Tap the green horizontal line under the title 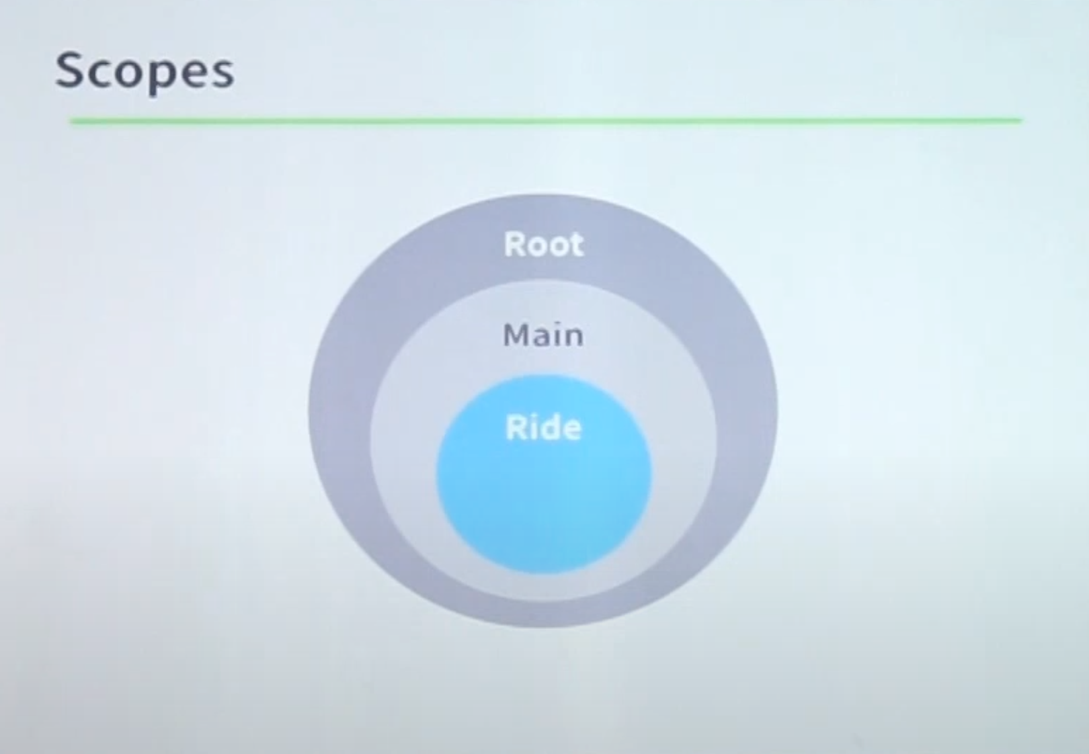pyautogui.click(x=546, y=120)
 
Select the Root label pyautogui.click(x=544, y=244)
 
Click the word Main pyautogui.click(x=543, y=335)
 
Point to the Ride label pyautogui.click(x=543, y=427)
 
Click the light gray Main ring pyautogui.click(x=403, y=437)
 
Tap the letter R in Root pyautogui.click(x=514, y=244)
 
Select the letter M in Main pyautogui.click(x=516, y=335)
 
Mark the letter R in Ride pyautogui.click(x=515, y=427)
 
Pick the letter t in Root pyautogui.click(x=576, y=246)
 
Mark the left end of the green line pyautogui.click(x=71, y=120)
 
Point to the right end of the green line pyautogui.click(x=1021, y=120)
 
